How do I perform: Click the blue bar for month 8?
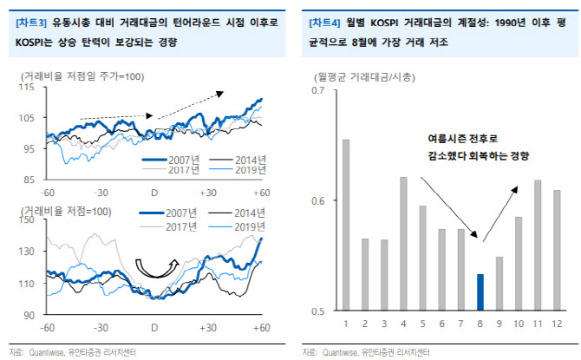click(x=480, y=292)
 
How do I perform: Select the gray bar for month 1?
click(x=346, y=225)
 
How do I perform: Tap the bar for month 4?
click(x=403, y=244)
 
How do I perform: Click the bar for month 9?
click(x=499, y=284)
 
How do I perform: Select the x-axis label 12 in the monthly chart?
click(x=556, y=324)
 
